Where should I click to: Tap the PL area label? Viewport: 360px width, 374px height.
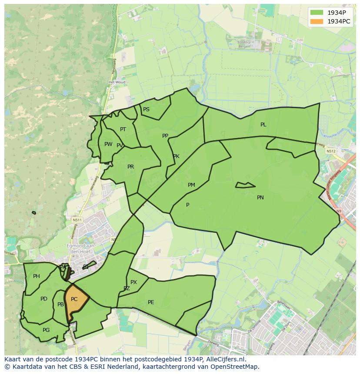click(x=263, y=125)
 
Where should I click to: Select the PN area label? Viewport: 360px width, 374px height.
click(x=260, y=198)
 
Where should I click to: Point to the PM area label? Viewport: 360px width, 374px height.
click(x=191, y=185)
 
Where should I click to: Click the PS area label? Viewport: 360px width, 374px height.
click(x=146, y=109)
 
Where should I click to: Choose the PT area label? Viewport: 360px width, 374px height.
click(x=123, y=129)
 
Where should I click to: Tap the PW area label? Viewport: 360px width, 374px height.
click(x=108, y=144)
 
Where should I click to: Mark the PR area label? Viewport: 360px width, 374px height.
click(x=130, y=167)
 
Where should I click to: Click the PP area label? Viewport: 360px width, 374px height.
click(x=165, y=136)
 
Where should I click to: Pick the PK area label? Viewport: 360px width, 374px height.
click(x=176, y=156)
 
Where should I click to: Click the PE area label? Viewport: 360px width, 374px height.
click(x=151, y=302)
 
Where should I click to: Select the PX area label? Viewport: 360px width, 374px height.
click(x=133, y=282)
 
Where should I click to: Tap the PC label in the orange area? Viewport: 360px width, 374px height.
click(x=74, y=299)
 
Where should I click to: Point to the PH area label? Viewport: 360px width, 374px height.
click(x=37, y=276)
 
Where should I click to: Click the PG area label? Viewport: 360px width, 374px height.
click(x=46, y=330)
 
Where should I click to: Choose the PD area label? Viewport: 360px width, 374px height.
click(x=44, y=299)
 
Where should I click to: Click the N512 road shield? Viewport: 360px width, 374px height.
click(x=331, y=151)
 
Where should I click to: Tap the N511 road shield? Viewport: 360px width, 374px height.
click(x=77, y=220)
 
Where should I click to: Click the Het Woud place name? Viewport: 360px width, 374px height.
click(x=117, y=82)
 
